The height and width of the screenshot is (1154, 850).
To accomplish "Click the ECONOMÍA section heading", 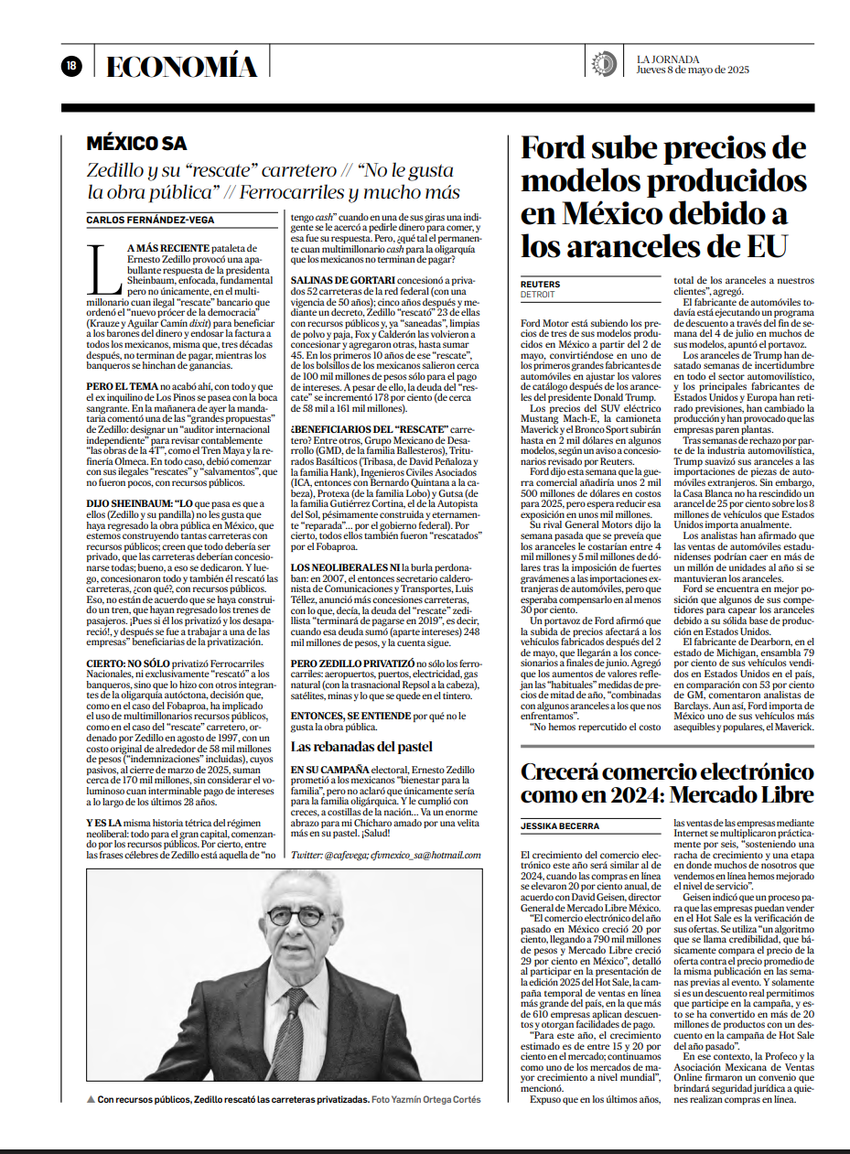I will (182, 66).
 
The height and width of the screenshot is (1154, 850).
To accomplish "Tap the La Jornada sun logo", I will (604, 64).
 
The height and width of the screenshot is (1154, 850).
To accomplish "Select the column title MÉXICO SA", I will (136, 144).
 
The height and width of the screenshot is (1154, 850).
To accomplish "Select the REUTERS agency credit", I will (541, 285).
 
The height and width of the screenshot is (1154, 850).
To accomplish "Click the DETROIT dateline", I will (538, 295).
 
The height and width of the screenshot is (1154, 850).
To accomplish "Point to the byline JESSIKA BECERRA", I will (561, 825).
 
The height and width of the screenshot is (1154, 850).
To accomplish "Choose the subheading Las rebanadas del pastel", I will (360, 747).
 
